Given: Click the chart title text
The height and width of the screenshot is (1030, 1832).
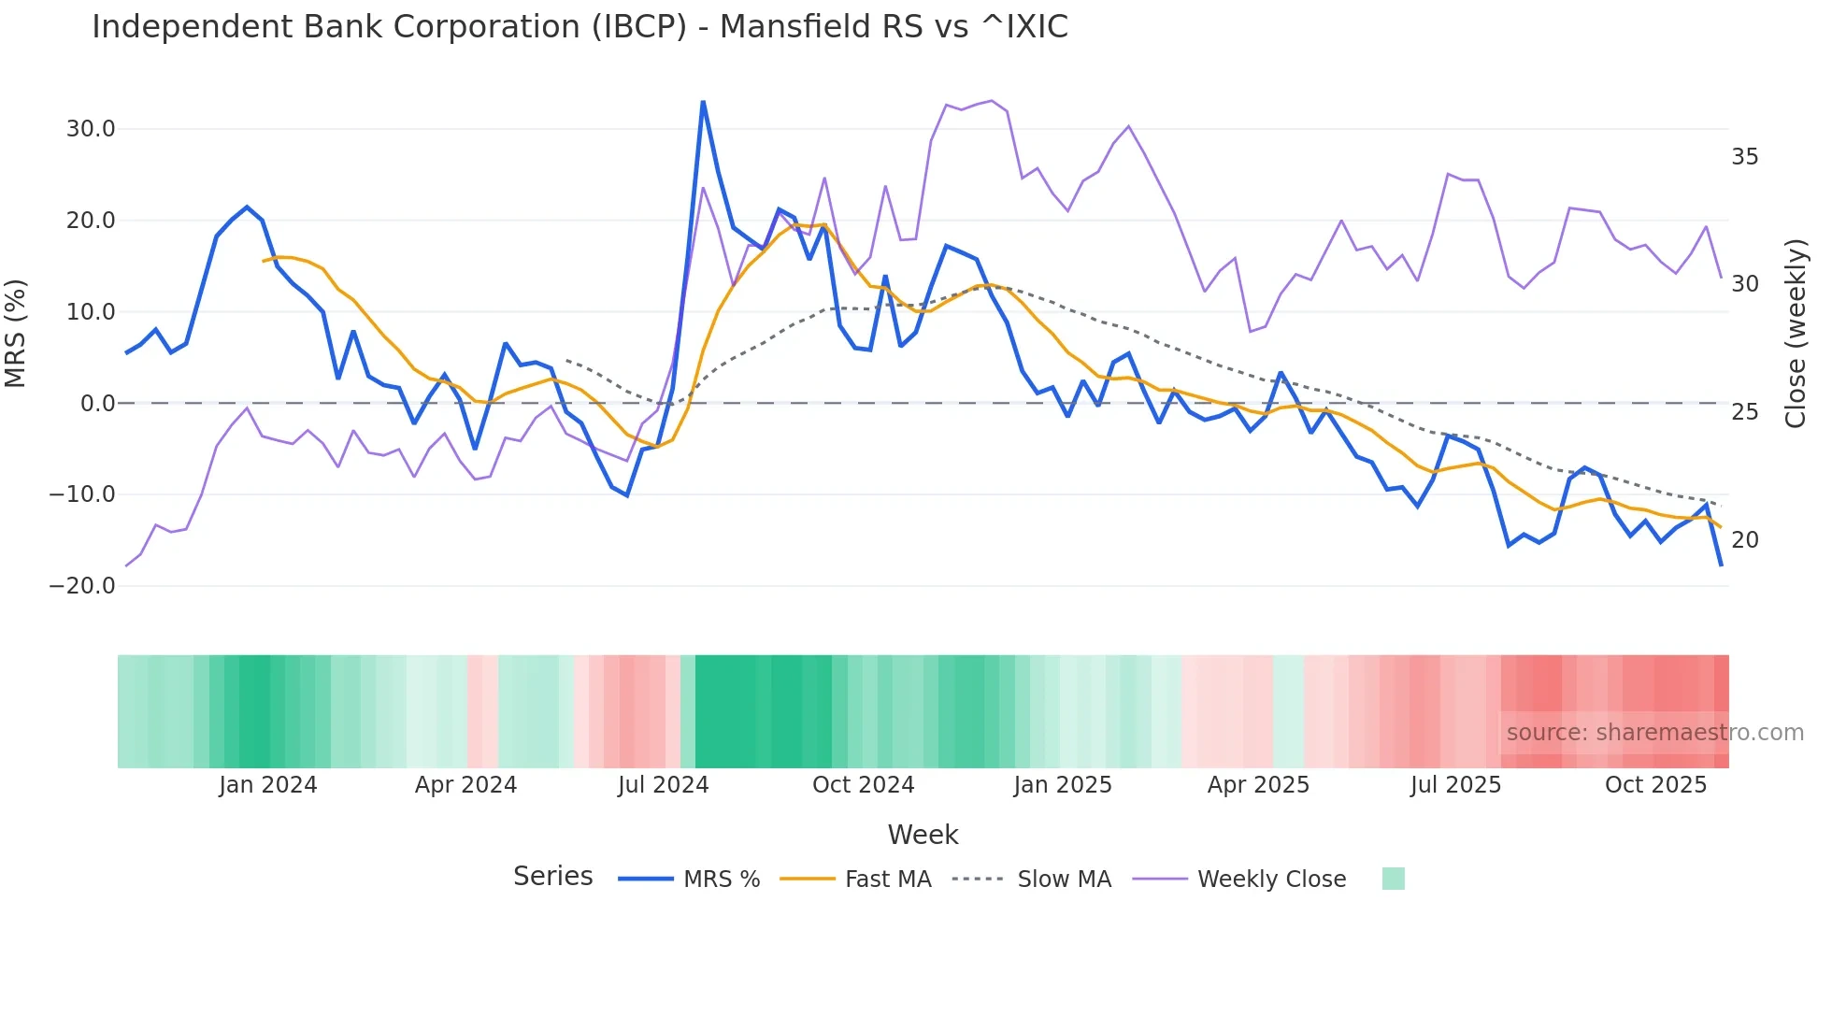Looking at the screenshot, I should coord(580,27).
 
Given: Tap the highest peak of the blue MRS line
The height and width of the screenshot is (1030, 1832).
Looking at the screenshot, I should coord(703,102).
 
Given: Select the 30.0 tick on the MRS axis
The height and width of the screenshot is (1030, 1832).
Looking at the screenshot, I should coord(91,129).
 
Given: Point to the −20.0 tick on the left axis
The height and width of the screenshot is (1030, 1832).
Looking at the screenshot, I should coord(83,586).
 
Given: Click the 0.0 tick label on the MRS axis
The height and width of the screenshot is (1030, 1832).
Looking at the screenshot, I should coord(98,404).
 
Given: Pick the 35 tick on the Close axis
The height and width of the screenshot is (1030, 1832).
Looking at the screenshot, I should coord(1744,157).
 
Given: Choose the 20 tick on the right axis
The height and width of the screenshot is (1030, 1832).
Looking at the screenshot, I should coord(1744,540).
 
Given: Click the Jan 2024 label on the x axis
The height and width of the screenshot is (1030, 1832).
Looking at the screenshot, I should coord(268,785).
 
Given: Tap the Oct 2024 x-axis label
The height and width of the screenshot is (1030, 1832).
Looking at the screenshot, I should coord(863,785).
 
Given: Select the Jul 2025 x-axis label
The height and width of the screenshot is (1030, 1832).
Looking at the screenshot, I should coord(1455,785).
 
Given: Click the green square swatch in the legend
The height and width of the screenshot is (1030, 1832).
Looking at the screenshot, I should coord(1393,879).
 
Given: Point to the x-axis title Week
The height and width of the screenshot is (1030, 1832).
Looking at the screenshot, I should coord(923,835).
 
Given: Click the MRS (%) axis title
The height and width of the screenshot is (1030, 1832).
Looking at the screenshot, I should coord(16,334).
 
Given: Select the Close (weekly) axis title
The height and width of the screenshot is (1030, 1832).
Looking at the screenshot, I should coord(1796,334).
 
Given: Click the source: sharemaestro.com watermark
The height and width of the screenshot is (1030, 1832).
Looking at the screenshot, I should coord(1654,733).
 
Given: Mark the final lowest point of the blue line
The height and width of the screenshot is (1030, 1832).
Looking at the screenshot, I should coord(1721,565).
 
